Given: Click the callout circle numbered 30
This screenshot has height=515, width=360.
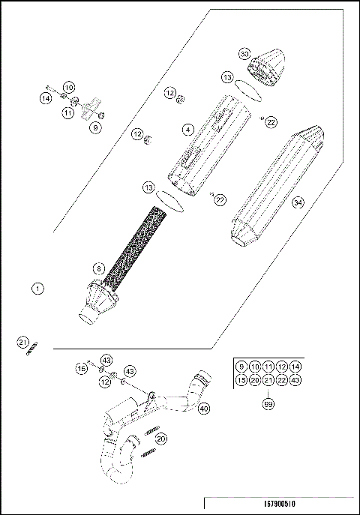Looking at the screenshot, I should point(244,55).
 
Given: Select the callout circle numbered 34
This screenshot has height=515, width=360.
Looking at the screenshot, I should point(298,202).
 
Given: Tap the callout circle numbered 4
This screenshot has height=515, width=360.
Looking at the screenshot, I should point(187,129).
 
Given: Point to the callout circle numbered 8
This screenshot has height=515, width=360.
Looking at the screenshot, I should point(98,268).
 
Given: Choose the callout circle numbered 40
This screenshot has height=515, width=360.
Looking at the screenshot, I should point(204,409).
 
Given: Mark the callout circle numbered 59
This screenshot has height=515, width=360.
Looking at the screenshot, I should point(268,405).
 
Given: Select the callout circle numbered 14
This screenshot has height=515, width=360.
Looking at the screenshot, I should point(46,97).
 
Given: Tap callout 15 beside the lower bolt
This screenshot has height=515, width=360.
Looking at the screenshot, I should point(80,368).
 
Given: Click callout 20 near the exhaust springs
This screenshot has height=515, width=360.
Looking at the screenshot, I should point(161,439).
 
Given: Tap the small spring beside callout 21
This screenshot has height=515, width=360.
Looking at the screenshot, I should point(33,349).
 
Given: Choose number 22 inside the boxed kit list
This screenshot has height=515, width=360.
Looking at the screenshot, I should point(281,380).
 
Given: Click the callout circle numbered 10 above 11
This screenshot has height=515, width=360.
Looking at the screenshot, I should point(68,88).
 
